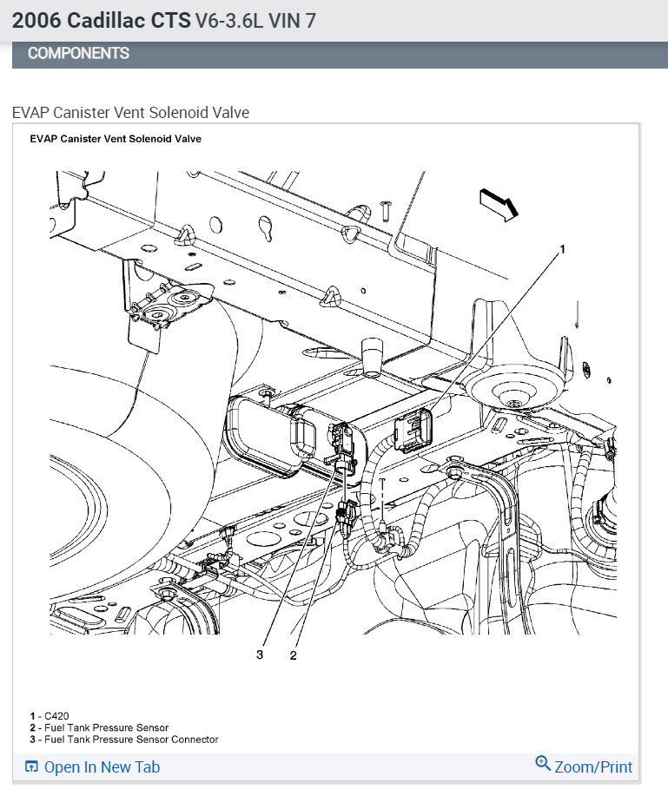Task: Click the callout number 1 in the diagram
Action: [x=562, y=249]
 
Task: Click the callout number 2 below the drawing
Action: [x=293, y=655]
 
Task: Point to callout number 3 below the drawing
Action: [x=259, y=655]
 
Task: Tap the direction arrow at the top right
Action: [x=499, y=205]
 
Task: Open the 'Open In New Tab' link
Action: [x=102, y=766]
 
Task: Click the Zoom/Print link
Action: [x=593, y=766]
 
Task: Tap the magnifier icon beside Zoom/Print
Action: [x=543, y=764]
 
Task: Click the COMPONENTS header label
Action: [x=78, y=53]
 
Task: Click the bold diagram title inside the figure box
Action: [x=116, y=138]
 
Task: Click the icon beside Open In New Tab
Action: [x=31, y=766]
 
